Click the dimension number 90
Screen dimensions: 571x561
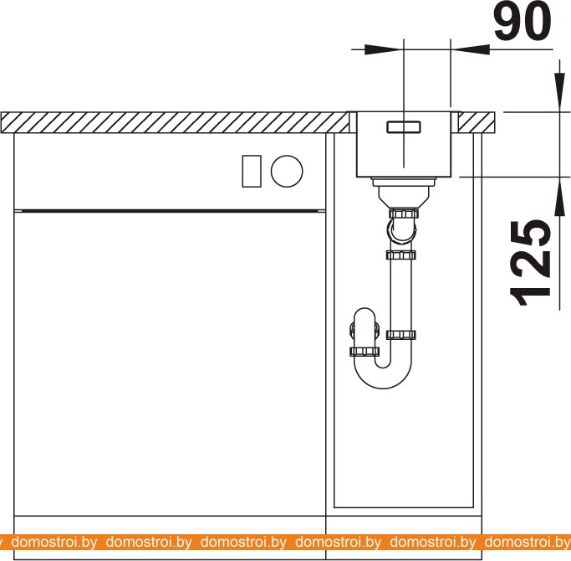(x=523, y=22)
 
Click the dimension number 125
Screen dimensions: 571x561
(x=531, y=263)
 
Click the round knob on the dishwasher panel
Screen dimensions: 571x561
(x=287, y=171)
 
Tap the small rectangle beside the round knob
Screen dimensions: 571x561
(x=252, y=171)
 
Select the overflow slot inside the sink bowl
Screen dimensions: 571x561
(x=404, y=127)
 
